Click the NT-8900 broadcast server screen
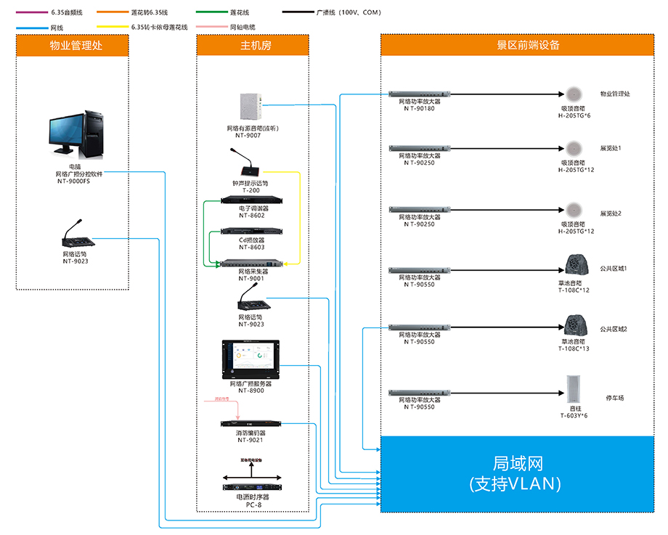tap(251, 359)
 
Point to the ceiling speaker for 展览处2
tap(573, 212)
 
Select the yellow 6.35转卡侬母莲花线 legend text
tap(160, 27)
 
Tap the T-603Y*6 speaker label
tap(574, 415)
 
